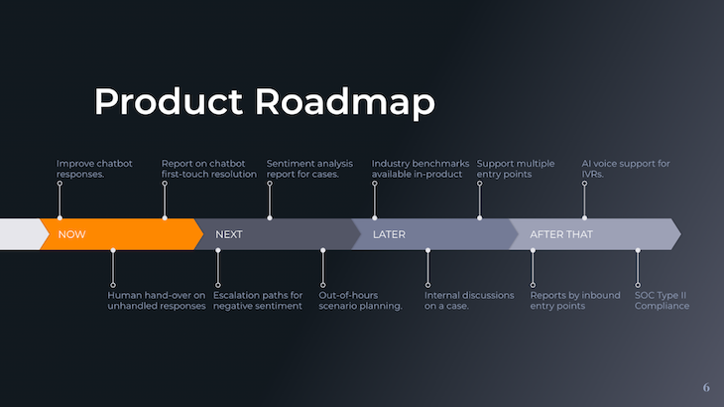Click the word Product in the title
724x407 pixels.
(169, 102)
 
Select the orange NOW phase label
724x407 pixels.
(72, 234)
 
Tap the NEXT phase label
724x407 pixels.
(229, 234)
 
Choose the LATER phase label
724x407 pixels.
(389, 234)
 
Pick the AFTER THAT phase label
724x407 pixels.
(561, 234)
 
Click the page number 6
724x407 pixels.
(706, 387)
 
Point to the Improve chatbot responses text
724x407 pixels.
(95, 169)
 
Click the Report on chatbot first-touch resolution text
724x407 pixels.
(209, 169)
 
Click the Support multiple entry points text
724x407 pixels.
(516, 169)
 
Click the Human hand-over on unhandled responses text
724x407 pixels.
(157, 301)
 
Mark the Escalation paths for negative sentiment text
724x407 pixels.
(259, 301)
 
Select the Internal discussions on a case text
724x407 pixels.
(469, 301)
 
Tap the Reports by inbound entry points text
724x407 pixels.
(575, 301)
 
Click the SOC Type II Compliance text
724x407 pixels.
(662, 301)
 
